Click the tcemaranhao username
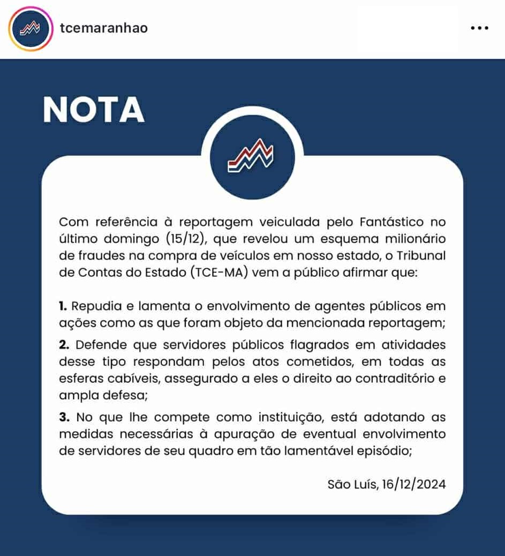click(104, 28)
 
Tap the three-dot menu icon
click(479, 28)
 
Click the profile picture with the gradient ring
click(31, 28)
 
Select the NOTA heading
click(94, 110)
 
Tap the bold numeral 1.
click(63, 307)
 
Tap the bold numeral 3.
click(63, 417)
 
